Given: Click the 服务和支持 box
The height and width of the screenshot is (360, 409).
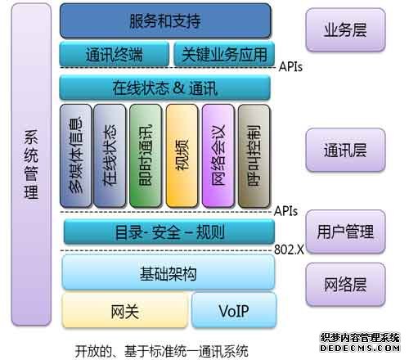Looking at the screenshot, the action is pos(165,20).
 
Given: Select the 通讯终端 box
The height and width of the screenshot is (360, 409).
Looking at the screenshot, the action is pos(114,54).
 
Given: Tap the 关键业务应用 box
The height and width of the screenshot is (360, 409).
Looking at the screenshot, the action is pos(224,54).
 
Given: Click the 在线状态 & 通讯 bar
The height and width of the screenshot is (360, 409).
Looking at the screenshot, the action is pos(165,88).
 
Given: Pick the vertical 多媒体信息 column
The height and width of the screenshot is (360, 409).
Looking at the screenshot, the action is pos(76,155).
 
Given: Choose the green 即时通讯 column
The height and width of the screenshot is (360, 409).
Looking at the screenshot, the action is pos(146,155).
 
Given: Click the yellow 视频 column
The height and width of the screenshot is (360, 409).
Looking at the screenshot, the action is pos(182,155).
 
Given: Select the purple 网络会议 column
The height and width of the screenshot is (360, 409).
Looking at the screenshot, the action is pos(218,155).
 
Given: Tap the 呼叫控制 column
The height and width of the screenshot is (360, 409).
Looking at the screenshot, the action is pos(254,155).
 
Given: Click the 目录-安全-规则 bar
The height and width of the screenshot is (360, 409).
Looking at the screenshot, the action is pos(169,232).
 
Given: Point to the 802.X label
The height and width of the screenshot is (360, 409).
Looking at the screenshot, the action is pos(289,250).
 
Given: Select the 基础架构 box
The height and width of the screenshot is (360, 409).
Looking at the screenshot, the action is pos(169,272).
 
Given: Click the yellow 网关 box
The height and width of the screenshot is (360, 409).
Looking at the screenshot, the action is pos(125,310).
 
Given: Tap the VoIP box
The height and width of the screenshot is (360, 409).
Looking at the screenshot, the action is pos(234,310).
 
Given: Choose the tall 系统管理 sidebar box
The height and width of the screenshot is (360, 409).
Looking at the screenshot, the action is pos(31,164).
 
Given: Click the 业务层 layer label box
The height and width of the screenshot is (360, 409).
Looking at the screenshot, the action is pos(345,29).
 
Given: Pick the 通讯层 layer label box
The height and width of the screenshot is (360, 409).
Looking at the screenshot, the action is pos(345,150).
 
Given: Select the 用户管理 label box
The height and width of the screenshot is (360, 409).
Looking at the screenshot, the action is pos(345,232).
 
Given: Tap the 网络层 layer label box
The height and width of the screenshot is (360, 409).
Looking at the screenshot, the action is pos(345,284).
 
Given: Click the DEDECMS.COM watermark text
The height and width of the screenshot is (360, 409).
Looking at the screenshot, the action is pos(360,348).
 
